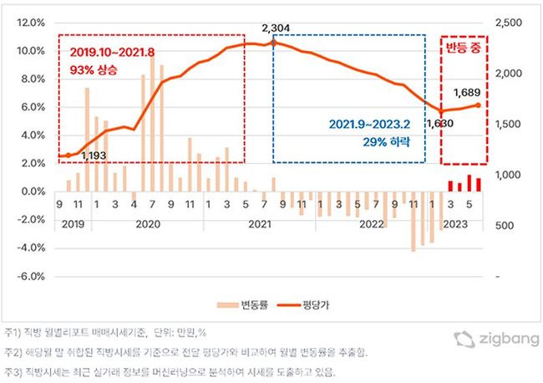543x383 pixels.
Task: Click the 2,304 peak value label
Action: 275,28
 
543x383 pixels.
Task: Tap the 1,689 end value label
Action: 466,92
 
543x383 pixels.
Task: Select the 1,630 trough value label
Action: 439,124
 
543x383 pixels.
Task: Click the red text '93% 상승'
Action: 92,69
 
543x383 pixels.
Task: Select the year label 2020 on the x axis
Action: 147,224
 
